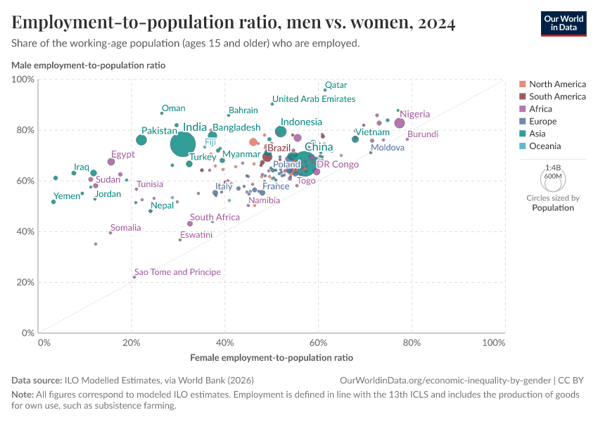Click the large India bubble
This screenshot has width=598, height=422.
tap(183, 143)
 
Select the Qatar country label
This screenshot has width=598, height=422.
tap(336, 85)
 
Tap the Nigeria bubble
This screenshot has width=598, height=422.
tap(400, 123)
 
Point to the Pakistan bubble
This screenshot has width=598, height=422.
tap(141, 140)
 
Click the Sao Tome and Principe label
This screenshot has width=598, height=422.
tap(177, 272)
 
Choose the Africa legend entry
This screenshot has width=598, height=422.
tap(540, 109)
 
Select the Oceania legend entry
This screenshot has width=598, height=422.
tap(545, 146)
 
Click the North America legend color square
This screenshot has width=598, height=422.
tap(521, 84)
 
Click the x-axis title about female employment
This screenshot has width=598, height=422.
tap(271, 358)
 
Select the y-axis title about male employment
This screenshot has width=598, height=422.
tap(89, 65)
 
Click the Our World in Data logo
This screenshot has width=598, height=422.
tap(564, 23)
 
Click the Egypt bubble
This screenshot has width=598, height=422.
tap(111, 162)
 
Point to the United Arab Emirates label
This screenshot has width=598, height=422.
tap(314, 99)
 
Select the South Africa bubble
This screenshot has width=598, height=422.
tap(190, 224)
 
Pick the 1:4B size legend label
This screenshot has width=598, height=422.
tap(553, 168)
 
